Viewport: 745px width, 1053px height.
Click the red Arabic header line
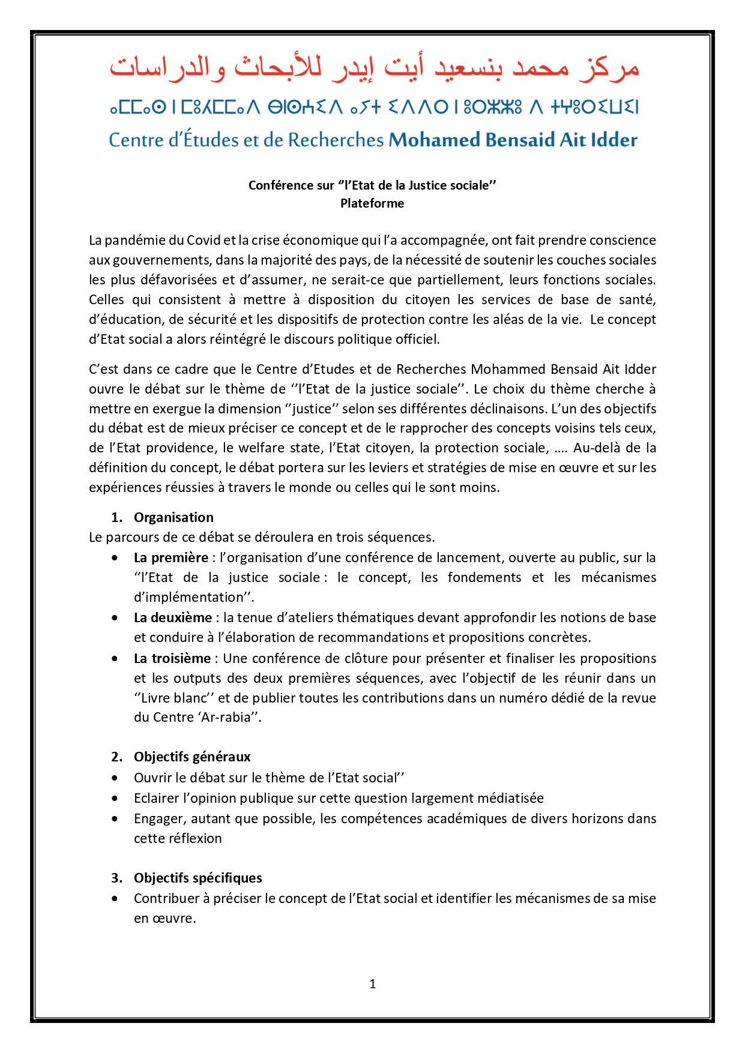pos(373,68)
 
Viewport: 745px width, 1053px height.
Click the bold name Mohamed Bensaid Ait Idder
pos(513,140)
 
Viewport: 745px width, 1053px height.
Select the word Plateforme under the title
pos(372,203)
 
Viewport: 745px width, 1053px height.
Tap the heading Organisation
pos(173,517)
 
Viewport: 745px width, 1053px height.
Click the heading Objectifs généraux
pos(192,757)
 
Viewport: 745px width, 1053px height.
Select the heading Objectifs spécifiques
pos(198,878)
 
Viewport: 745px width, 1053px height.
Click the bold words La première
pos(171,557)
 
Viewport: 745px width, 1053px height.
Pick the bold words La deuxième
pos(173,617)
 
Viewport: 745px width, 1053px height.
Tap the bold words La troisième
pos(172,658)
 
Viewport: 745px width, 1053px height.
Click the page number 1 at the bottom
pos(373,983)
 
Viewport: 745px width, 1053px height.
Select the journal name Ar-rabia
pos(227,718)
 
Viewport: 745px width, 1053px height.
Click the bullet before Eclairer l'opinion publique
pos(115,799)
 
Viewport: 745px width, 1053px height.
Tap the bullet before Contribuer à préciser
pos(115,899)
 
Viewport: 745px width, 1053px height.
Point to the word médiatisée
pos(510,798)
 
